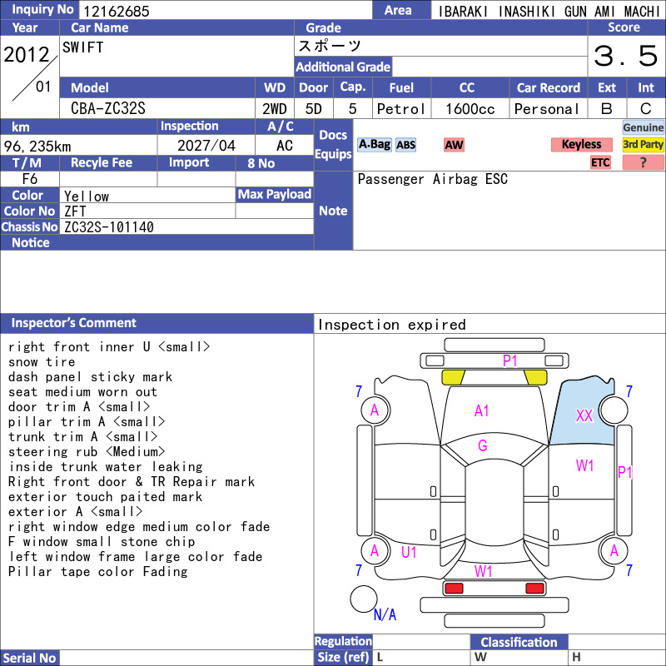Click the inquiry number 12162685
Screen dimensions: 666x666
coord(116,11)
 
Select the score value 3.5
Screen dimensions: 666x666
coord(626,56)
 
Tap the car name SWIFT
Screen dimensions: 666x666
coord(82,47)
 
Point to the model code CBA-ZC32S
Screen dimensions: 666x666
coord(108,108)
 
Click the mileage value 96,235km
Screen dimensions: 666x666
coord(37,147)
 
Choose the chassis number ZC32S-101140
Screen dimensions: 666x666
coord(109,227)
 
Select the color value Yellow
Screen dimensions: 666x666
coord(87,196)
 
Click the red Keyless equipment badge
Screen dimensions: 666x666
coord(581,144)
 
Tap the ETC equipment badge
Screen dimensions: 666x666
coord(600,162)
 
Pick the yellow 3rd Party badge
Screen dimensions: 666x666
coord(643,144)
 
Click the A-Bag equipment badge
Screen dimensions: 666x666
coord(374,144)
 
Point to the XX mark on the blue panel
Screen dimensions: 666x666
coord(584,415)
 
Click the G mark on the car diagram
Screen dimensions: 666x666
coord(483,445)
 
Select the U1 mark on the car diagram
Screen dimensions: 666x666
coord(409,552)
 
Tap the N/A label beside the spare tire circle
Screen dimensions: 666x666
coord(385,614)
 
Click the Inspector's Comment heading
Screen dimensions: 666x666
coord(74,323)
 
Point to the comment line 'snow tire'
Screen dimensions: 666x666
coord(42,362)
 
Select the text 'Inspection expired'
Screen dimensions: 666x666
coord(391,325)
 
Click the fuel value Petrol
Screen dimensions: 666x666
coord(401,109)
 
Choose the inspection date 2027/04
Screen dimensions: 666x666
coord(206,146)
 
